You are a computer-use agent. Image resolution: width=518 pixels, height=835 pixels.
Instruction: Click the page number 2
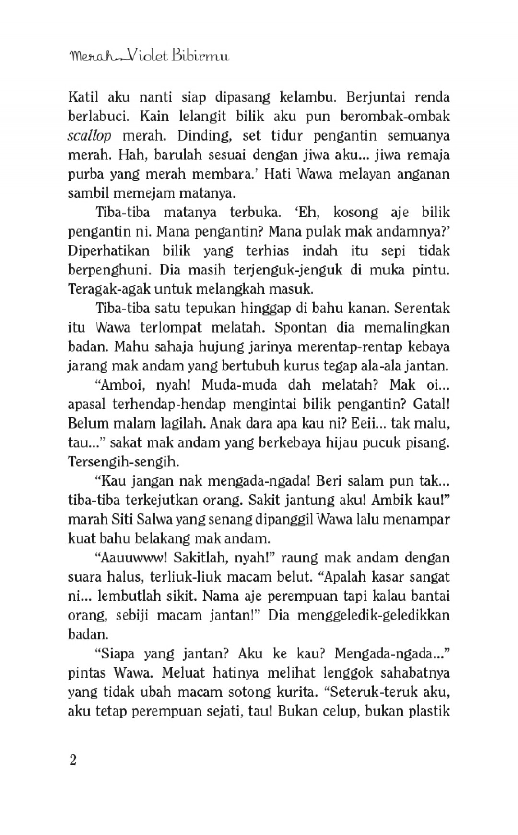[x=73, y=761]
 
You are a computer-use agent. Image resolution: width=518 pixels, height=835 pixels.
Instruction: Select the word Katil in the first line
[x=83, y=97]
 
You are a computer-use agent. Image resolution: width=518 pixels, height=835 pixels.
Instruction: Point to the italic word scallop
[x=90, y=136]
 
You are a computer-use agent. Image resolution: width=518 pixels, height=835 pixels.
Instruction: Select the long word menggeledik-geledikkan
[x=374, y=616]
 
